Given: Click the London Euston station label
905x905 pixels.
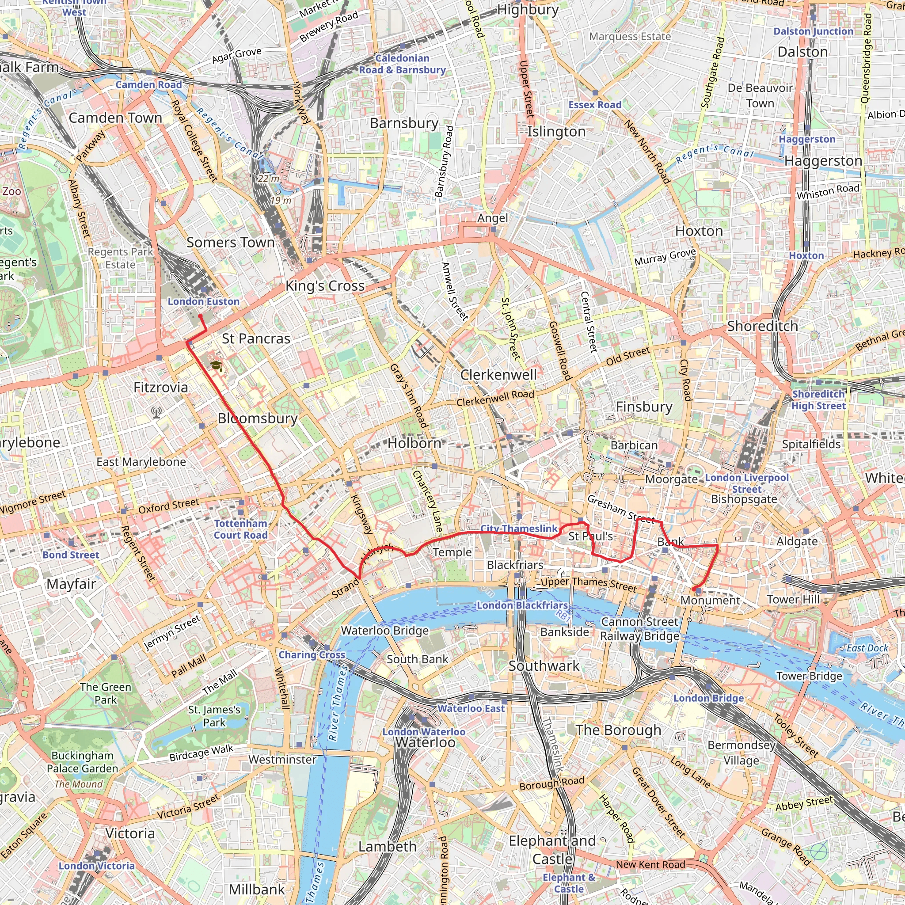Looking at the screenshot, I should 203,302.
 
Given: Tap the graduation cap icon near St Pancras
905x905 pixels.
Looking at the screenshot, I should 216,366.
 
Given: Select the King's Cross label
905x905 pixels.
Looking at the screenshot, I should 325,286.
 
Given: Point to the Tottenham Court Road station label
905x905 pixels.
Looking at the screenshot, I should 240,529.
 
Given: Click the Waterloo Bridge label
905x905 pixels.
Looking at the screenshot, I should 384,631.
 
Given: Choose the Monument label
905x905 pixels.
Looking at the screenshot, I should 710,601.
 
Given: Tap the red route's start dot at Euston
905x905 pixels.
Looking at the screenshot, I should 200,316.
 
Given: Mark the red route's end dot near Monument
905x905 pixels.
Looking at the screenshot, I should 693,589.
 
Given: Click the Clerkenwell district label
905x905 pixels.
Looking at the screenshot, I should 498,375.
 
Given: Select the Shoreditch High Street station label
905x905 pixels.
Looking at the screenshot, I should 818,400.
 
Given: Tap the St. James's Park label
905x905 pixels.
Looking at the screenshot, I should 214,716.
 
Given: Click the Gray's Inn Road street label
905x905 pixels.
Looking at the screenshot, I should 409,396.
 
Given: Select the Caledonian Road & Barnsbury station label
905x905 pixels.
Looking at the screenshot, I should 403,64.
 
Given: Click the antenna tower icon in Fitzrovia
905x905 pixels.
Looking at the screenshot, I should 156,412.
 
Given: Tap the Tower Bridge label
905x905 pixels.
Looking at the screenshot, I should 809,676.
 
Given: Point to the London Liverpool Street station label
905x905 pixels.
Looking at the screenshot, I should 747,483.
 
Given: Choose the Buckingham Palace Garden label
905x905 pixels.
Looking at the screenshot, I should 83,762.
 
